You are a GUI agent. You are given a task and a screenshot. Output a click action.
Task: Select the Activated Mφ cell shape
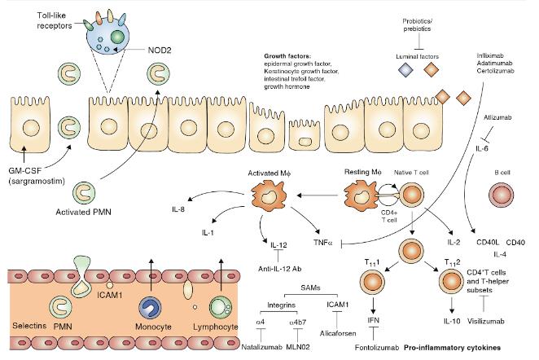[264, 195]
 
